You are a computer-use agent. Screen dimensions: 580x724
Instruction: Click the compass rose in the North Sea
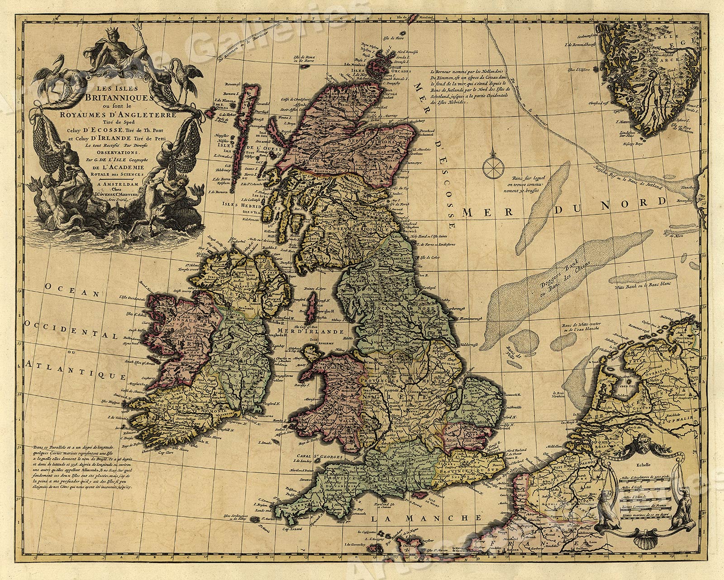[x=491, y=167]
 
